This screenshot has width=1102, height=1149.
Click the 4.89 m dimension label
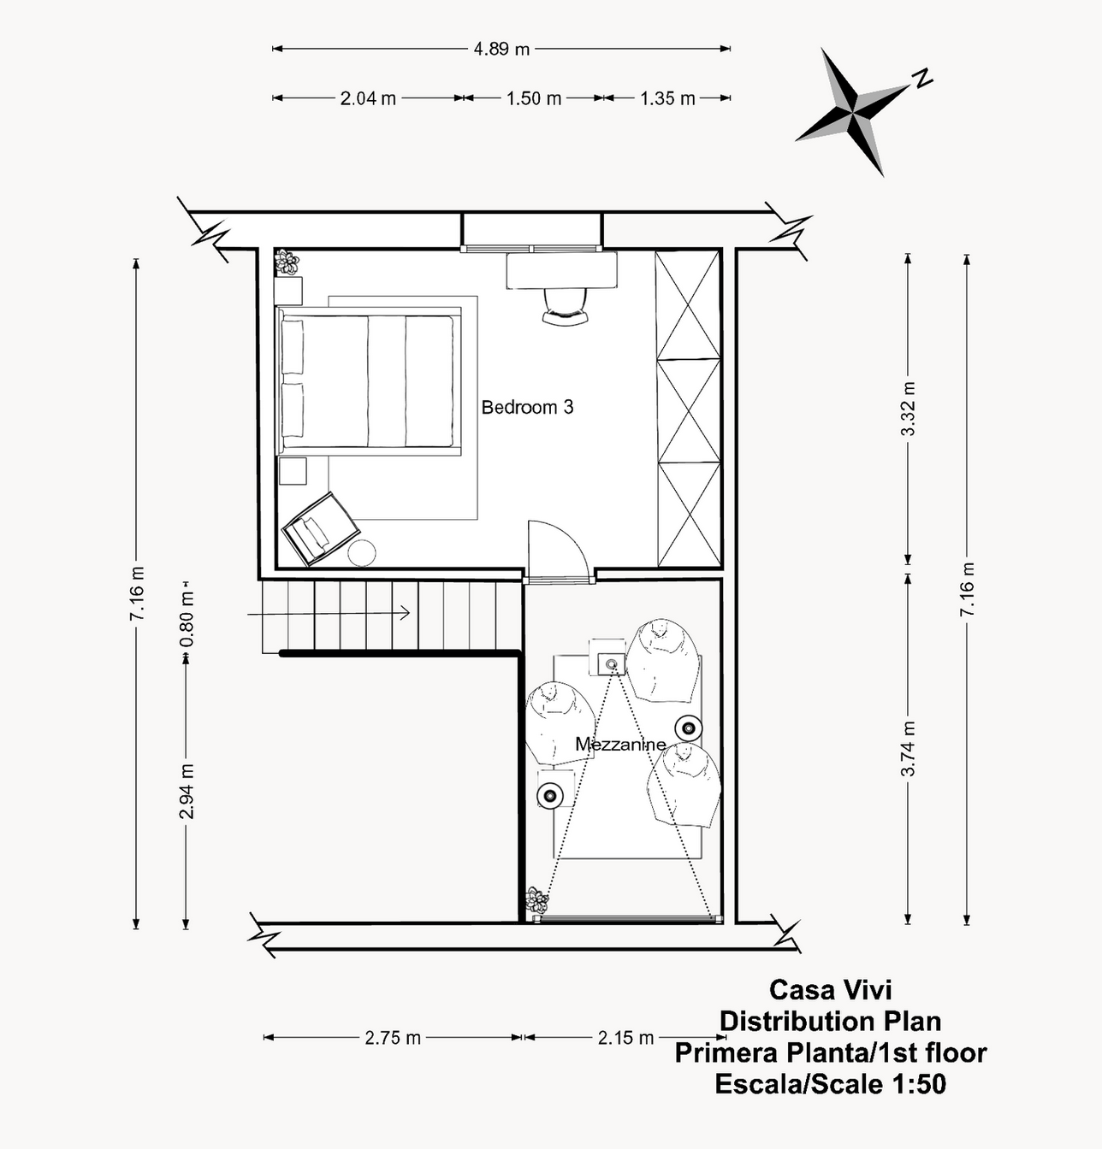[x=501, y=49]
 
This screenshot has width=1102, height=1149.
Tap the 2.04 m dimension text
[x=368, y=98]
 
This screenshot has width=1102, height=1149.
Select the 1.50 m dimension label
[x=534, y=98]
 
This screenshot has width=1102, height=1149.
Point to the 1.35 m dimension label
[x=667, y=98]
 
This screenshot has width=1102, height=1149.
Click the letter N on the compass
[x=921, y=78]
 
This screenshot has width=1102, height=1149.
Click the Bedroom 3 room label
[x=527, y=408]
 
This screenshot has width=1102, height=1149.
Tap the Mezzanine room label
[x=620, y=745]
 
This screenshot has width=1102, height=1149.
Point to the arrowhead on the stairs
[x=406, y=613]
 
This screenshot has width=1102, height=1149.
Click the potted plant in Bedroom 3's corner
[x=287, y=262]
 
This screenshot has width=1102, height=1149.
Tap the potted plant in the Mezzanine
[x=537, y=900]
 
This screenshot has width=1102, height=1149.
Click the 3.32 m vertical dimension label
[x=908, y=409]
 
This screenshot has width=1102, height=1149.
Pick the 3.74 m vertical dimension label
[x=908, y=748]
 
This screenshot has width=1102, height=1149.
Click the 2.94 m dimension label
[x=187, y=791]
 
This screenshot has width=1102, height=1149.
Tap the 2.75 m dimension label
[x=393, y=1037]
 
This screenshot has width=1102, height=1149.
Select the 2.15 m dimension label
[x=625, y=1037]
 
